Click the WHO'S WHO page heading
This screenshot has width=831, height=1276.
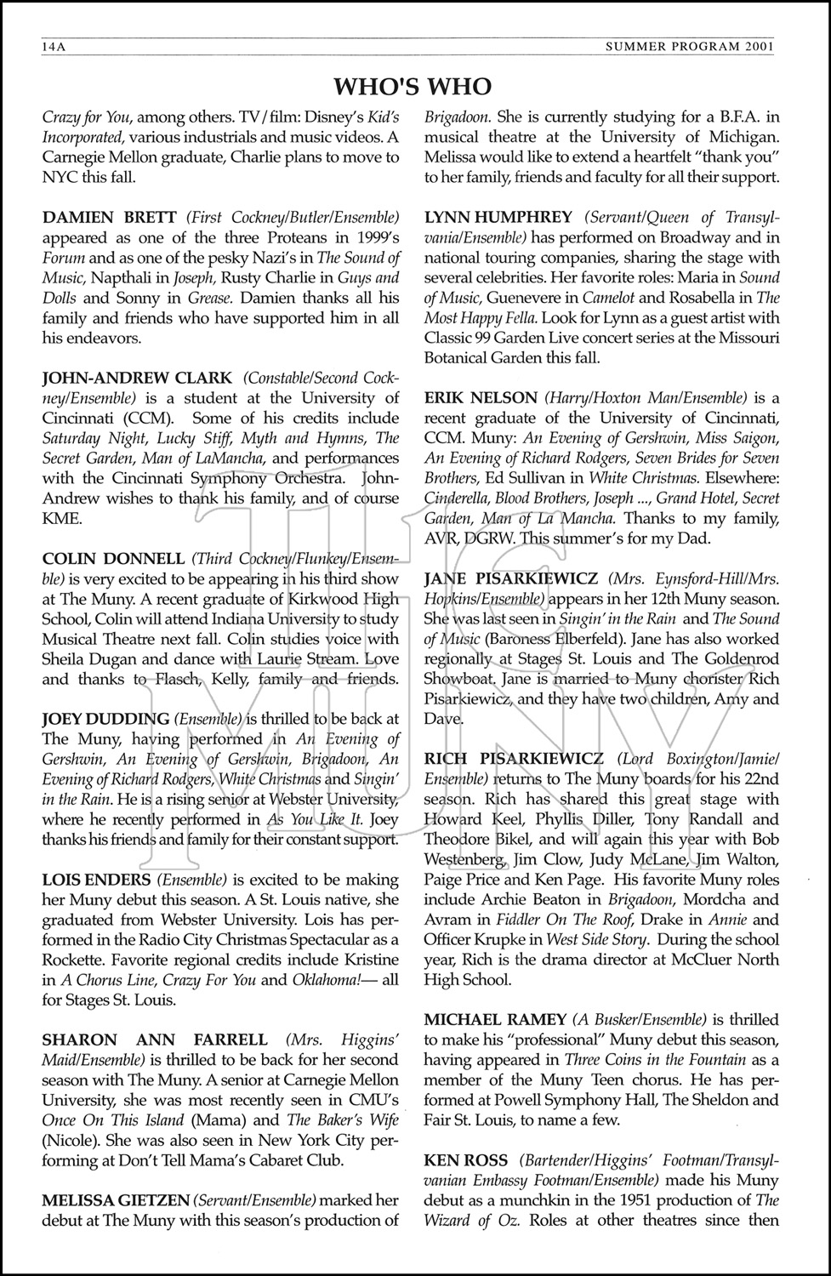click(x=413, y=87)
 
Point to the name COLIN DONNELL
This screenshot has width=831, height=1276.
click(x=113, y=559)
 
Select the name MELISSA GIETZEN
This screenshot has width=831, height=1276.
click(x=115, y=1200)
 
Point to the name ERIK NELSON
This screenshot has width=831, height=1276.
click(x=481, y=397)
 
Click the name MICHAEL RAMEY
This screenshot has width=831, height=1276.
click(x=495, y=1019)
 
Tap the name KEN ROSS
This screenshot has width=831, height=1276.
click(x=466, y=1160)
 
